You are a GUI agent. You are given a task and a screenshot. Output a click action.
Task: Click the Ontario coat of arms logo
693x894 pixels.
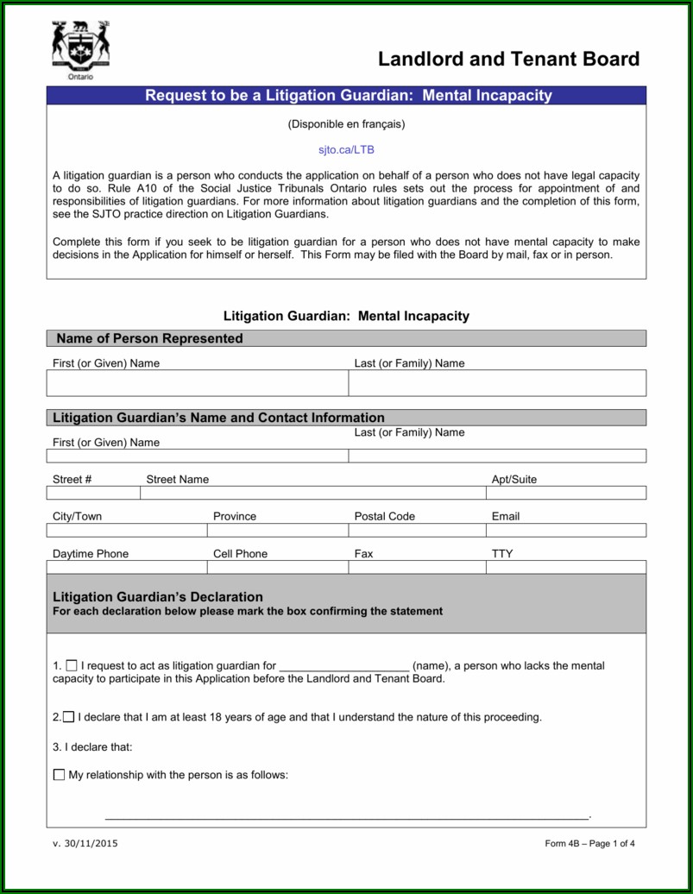pos(80,49)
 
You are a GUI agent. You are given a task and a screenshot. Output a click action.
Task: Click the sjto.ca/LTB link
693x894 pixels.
pos(346,149)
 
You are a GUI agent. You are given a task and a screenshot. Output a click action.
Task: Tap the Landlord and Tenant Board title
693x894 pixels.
pos(508,60)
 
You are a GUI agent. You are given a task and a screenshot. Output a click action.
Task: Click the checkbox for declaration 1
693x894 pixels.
pos(72,665)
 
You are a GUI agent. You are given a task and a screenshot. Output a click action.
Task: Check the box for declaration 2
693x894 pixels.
pos(68,717)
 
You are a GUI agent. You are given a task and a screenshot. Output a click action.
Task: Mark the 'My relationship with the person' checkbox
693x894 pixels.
pos(59,775)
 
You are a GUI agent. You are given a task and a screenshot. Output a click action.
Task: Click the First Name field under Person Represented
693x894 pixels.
pos(198,383)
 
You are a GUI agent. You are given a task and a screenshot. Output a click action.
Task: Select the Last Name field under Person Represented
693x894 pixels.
pos(497,383)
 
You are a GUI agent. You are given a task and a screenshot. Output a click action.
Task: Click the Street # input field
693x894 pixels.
pos(93,493)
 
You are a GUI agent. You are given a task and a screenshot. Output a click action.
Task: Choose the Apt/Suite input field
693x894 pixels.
pos(565,493)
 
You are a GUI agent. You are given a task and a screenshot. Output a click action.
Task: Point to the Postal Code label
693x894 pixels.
pos(384,517)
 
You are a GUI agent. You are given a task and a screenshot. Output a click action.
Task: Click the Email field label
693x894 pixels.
pos(506,517)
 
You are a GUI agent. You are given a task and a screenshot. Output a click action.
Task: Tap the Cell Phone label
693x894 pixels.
pos(240,554)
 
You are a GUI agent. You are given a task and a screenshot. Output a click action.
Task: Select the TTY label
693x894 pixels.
pos(502,554)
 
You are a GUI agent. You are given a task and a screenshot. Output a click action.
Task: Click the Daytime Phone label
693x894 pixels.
pos(91,554)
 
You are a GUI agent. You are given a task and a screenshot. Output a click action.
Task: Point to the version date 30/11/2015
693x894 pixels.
pos(85,844)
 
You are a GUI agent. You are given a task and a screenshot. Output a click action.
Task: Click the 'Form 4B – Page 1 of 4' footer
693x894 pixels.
pos(589,844)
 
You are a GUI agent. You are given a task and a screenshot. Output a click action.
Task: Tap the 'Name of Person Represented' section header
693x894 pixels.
pos(149,338)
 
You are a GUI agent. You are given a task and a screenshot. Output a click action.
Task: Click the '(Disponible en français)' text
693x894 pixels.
pos(346,124)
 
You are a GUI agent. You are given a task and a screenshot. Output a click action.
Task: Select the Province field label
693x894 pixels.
pos(235,517)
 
